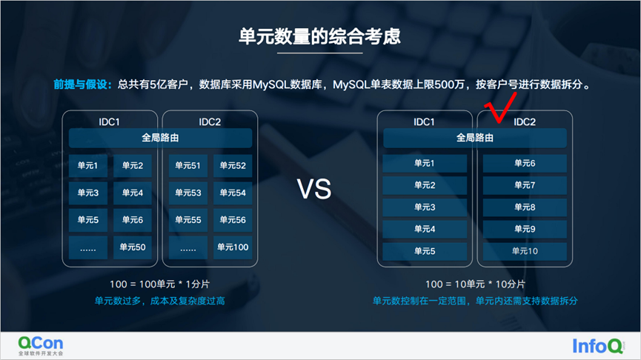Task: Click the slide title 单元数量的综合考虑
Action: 319,36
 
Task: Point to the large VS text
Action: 314,189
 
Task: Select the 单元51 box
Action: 188,165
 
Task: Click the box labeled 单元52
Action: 233,165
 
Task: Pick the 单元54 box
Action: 233,193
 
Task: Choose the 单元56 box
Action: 233,220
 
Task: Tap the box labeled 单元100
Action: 233,247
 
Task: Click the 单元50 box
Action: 133,247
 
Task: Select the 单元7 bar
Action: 525,185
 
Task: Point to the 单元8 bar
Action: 525,207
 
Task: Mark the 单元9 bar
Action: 525,229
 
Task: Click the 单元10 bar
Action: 525,251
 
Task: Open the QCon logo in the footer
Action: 41,346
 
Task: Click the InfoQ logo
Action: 599,346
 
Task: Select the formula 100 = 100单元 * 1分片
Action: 160,284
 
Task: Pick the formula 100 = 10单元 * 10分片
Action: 475,284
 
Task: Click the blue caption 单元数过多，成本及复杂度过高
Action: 160,301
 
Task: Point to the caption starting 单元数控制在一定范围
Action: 475,301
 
